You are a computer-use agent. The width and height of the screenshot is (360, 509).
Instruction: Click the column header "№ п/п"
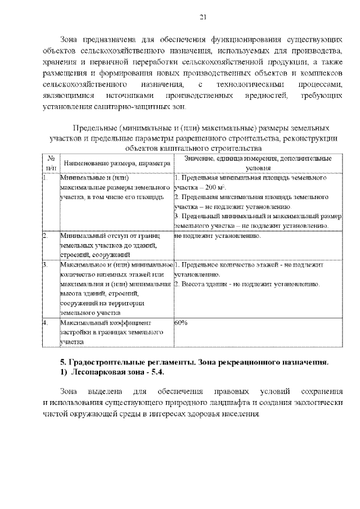coord(51,163)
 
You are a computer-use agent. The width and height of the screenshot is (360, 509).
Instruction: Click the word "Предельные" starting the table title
coord(93,128)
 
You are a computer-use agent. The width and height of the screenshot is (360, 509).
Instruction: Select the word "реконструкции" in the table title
coord(312,138)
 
